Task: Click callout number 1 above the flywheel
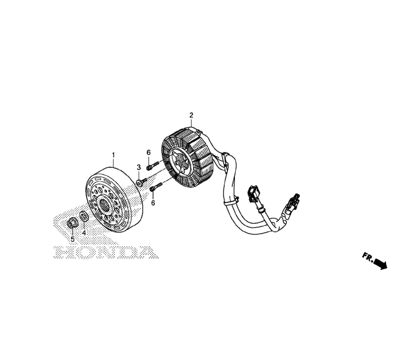pos(113,155)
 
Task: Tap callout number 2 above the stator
pos(191,115)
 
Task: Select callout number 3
pos(139,167)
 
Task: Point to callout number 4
pos(84,233)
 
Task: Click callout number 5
pos(72,239)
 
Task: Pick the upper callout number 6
pos(148,152)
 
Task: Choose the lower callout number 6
pos(153,202)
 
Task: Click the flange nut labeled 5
pos(71,223)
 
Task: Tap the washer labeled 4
pos(83,216)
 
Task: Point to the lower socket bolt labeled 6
pos(156,187)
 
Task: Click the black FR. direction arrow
pos(380,264)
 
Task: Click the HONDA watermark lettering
pos(106,252)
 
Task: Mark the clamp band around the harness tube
pos(232,201)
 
